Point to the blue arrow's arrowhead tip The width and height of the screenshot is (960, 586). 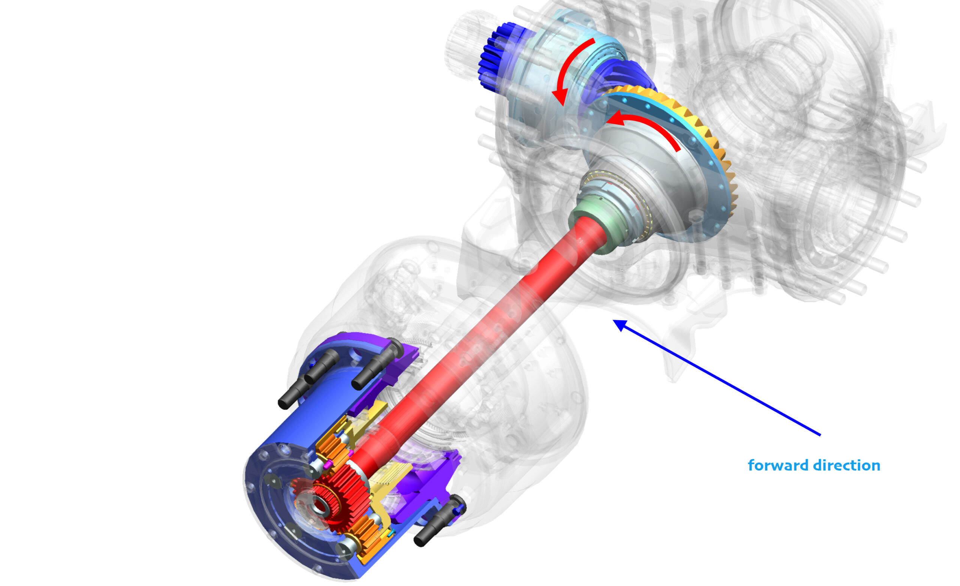pos(613,320)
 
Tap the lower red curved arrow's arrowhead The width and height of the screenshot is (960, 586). pos(615,119)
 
